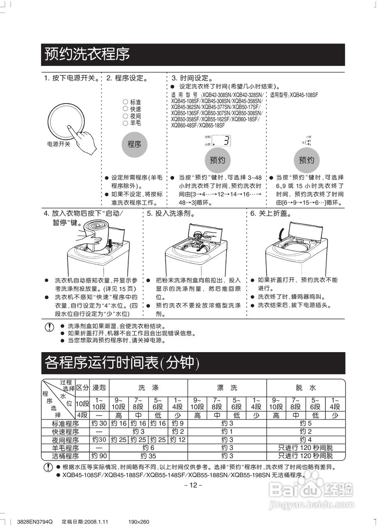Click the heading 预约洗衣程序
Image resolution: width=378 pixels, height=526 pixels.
click(x=87, y=54)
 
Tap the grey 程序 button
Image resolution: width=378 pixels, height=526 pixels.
click(x=134, y=144)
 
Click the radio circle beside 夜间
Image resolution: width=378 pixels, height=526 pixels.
click(x=125, y=116)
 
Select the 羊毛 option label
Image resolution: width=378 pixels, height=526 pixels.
click(x=136, y=123)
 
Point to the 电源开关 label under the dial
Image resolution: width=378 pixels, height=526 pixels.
click(x=59, y=144)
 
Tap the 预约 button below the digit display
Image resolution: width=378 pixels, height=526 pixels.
click(x=217, y=160)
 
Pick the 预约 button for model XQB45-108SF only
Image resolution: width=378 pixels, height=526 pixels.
click(x=306, y=160)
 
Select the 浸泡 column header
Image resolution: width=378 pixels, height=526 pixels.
click(x=99, y=388)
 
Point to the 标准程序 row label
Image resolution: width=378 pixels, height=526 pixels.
click(x=65, y=424)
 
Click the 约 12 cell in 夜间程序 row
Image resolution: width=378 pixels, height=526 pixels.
click(x=178, y=440)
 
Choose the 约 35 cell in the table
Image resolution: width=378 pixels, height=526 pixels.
click(x=148, y=456)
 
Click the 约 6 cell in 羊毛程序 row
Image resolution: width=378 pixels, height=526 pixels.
click(x=148, y=448)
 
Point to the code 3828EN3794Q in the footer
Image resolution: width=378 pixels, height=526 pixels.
click(x=35, y=522)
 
